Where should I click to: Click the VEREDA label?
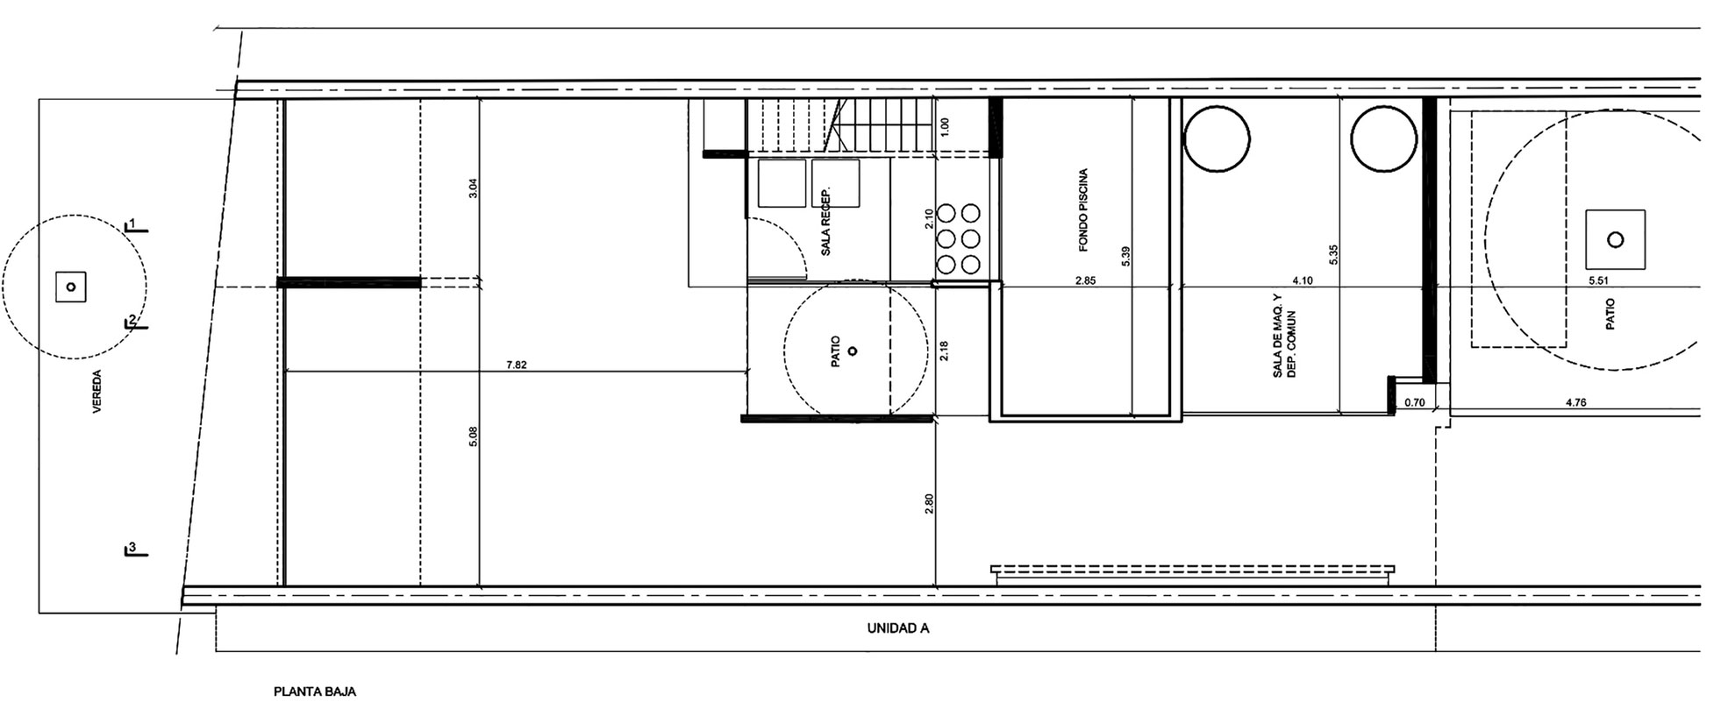(x=96, y=393)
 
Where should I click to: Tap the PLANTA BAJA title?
(x=315, y=691)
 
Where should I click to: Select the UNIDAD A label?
(x=898, y=628)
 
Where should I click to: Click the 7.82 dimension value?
(x=517, y=365)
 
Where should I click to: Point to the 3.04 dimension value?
(x=473, y=188)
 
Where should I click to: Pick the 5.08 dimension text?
(x=473, y=437)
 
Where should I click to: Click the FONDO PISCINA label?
(x=1083, y=210)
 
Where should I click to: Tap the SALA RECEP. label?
(x=825, y=222)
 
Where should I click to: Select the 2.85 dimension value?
(x=1085, y=281)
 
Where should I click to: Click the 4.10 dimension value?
(x=1303, y=281)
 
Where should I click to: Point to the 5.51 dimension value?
(x=1599, y=281)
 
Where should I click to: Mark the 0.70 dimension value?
(x=1414, y=403)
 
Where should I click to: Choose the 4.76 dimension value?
(x=1575, y=403)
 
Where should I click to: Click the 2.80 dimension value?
(x=930, y=505)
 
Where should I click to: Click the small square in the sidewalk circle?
(x=71, y=287)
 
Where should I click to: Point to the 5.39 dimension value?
(x=1125, y=256)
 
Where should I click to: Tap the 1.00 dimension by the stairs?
(x=945, y=126)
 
